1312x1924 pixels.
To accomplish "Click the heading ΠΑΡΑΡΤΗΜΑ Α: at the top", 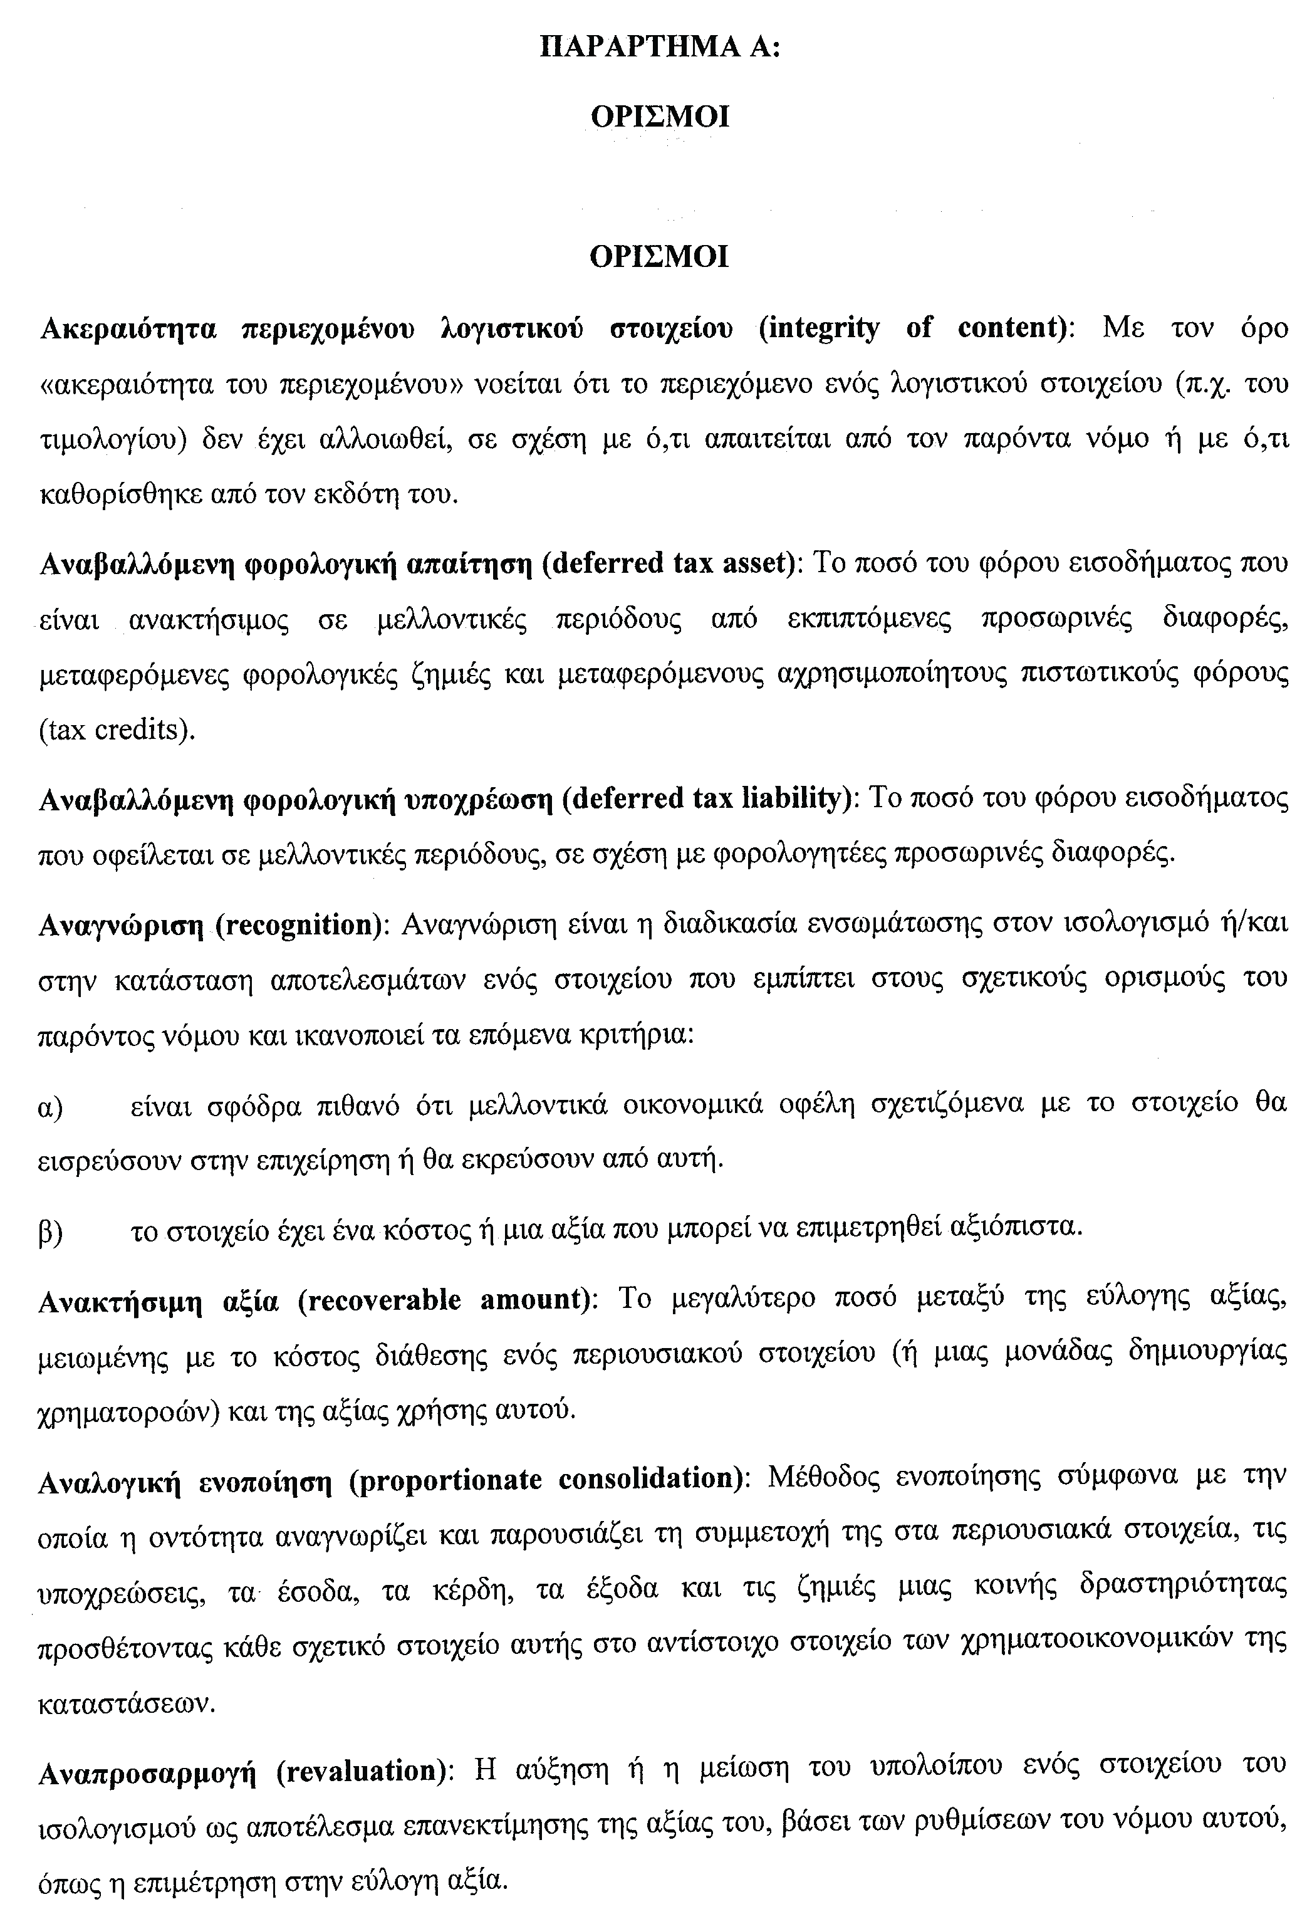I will [x=660, y=46].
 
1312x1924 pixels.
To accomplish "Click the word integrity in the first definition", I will [x=820, y=328].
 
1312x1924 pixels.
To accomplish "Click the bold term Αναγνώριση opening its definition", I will [x=121, y=924].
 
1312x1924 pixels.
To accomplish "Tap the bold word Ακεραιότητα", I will [x=128, y=328].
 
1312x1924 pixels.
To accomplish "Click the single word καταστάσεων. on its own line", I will [x=127, y=1704].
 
